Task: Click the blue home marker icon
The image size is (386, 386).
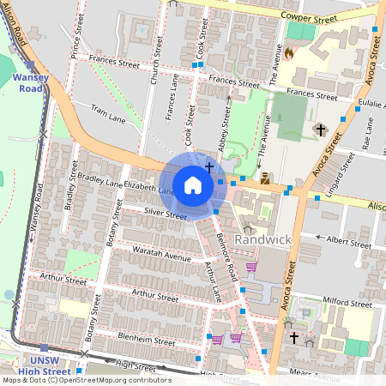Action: click(x=193, y=184)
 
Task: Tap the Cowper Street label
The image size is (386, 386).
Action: click(x=314, y=17)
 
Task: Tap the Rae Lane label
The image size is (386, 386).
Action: click(x=366, y=133)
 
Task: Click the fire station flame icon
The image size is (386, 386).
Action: click(x=289, y=52)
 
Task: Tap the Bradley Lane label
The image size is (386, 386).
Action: click(x=101, y=179)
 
